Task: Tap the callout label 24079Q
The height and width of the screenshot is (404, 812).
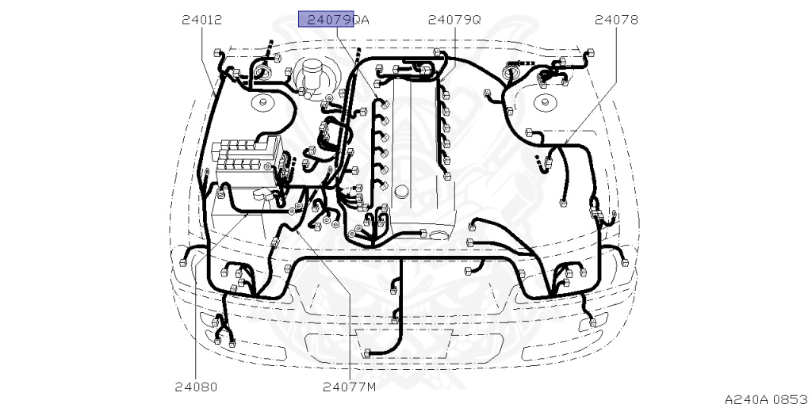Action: pos(454,20)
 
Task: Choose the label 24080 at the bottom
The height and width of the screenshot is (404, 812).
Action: pos(196,387)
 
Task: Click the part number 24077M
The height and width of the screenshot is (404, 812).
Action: pos(349,387)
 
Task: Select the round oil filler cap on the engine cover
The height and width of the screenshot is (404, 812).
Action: pos(402,191)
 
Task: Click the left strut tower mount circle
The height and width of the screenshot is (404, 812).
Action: pos(260,103)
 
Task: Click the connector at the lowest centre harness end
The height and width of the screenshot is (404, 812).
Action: pos(366,353)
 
